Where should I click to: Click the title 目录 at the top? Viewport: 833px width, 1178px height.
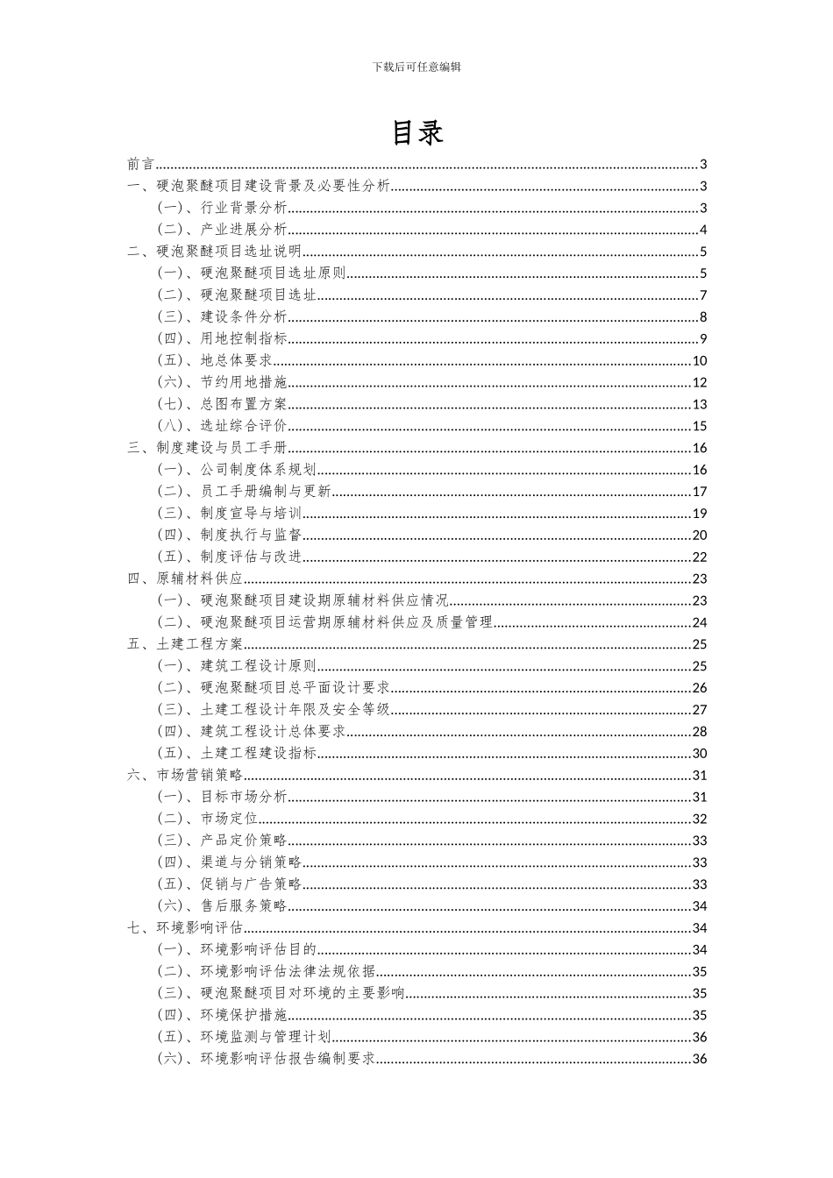pos(416,131)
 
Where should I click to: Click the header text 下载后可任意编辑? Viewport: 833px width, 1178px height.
pos(416,67)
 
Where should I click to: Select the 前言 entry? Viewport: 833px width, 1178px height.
pos(140,164)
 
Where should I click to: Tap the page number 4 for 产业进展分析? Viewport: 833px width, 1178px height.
pos(703,230)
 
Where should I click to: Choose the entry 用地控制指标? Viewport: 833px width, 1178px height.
pos(244,338)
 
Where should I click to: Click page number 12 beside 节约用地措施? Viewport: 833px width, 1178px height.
pos(699,382)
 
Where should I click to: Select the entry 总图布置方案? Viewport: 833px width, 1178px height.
pos(244,404)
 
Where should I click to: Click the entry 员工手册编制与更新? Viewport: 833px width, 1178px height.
pos(266,492)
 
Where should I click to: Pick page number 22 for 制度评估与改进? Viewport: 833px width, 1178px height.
pos(699,557)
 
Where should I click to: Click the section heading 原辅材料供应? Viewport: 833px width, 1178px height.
pos(200,578)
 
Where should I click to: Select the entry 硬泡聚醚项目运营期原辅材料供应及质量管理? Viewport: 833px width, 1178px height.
pos(346,622)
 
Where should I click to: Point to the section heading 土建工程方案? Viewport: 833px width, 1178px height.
pos(200,644)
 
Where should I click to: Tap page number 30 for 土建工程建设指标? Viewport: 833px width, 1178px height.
pos(699,753)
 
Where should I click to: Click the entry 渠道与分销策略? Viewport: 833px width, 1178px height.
pos(251,862)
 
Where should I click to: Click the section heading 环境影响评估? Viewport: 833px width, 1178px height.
pos(200,927)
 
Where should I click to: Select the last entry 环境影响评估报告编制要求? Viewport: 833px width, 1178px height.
pos(288,1059)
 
